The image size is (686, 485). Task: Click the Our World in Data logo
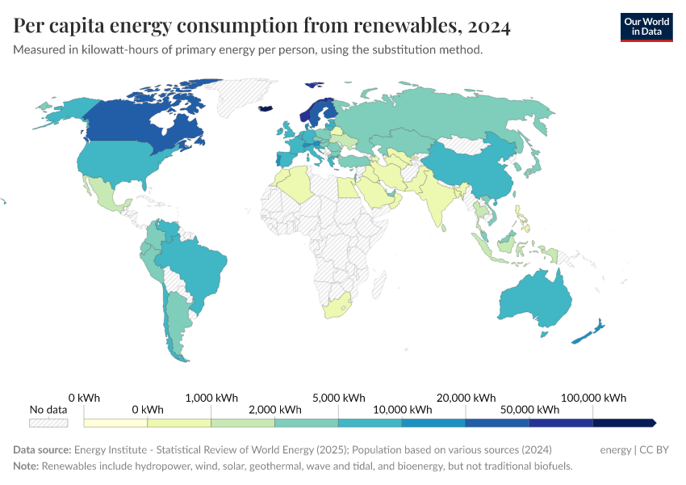pos(646,26)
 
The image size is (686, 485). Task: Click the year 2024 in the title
pos(488,27)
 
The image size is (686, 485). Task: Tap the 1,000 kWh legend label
pos(211,398)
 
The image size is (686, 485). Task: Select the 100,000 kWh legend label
pos(593,398)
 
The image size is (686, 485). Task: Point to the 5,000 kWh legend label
pos(338,398)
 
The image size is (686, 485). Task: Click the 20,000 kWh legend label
pos(466,398)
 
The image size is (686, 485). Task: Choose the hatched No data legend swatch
pos(48,423)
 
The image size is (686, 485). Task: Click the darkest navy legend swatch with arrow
pos(623,423)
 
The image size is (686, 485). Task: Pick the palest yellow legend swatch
pos(115,423)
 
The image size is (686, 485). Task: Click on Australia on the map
pos(533,300)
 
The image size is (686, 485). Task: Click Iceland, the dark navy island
pos(266,108)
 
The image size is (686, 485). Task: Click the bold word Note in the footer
pos(25,466)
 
